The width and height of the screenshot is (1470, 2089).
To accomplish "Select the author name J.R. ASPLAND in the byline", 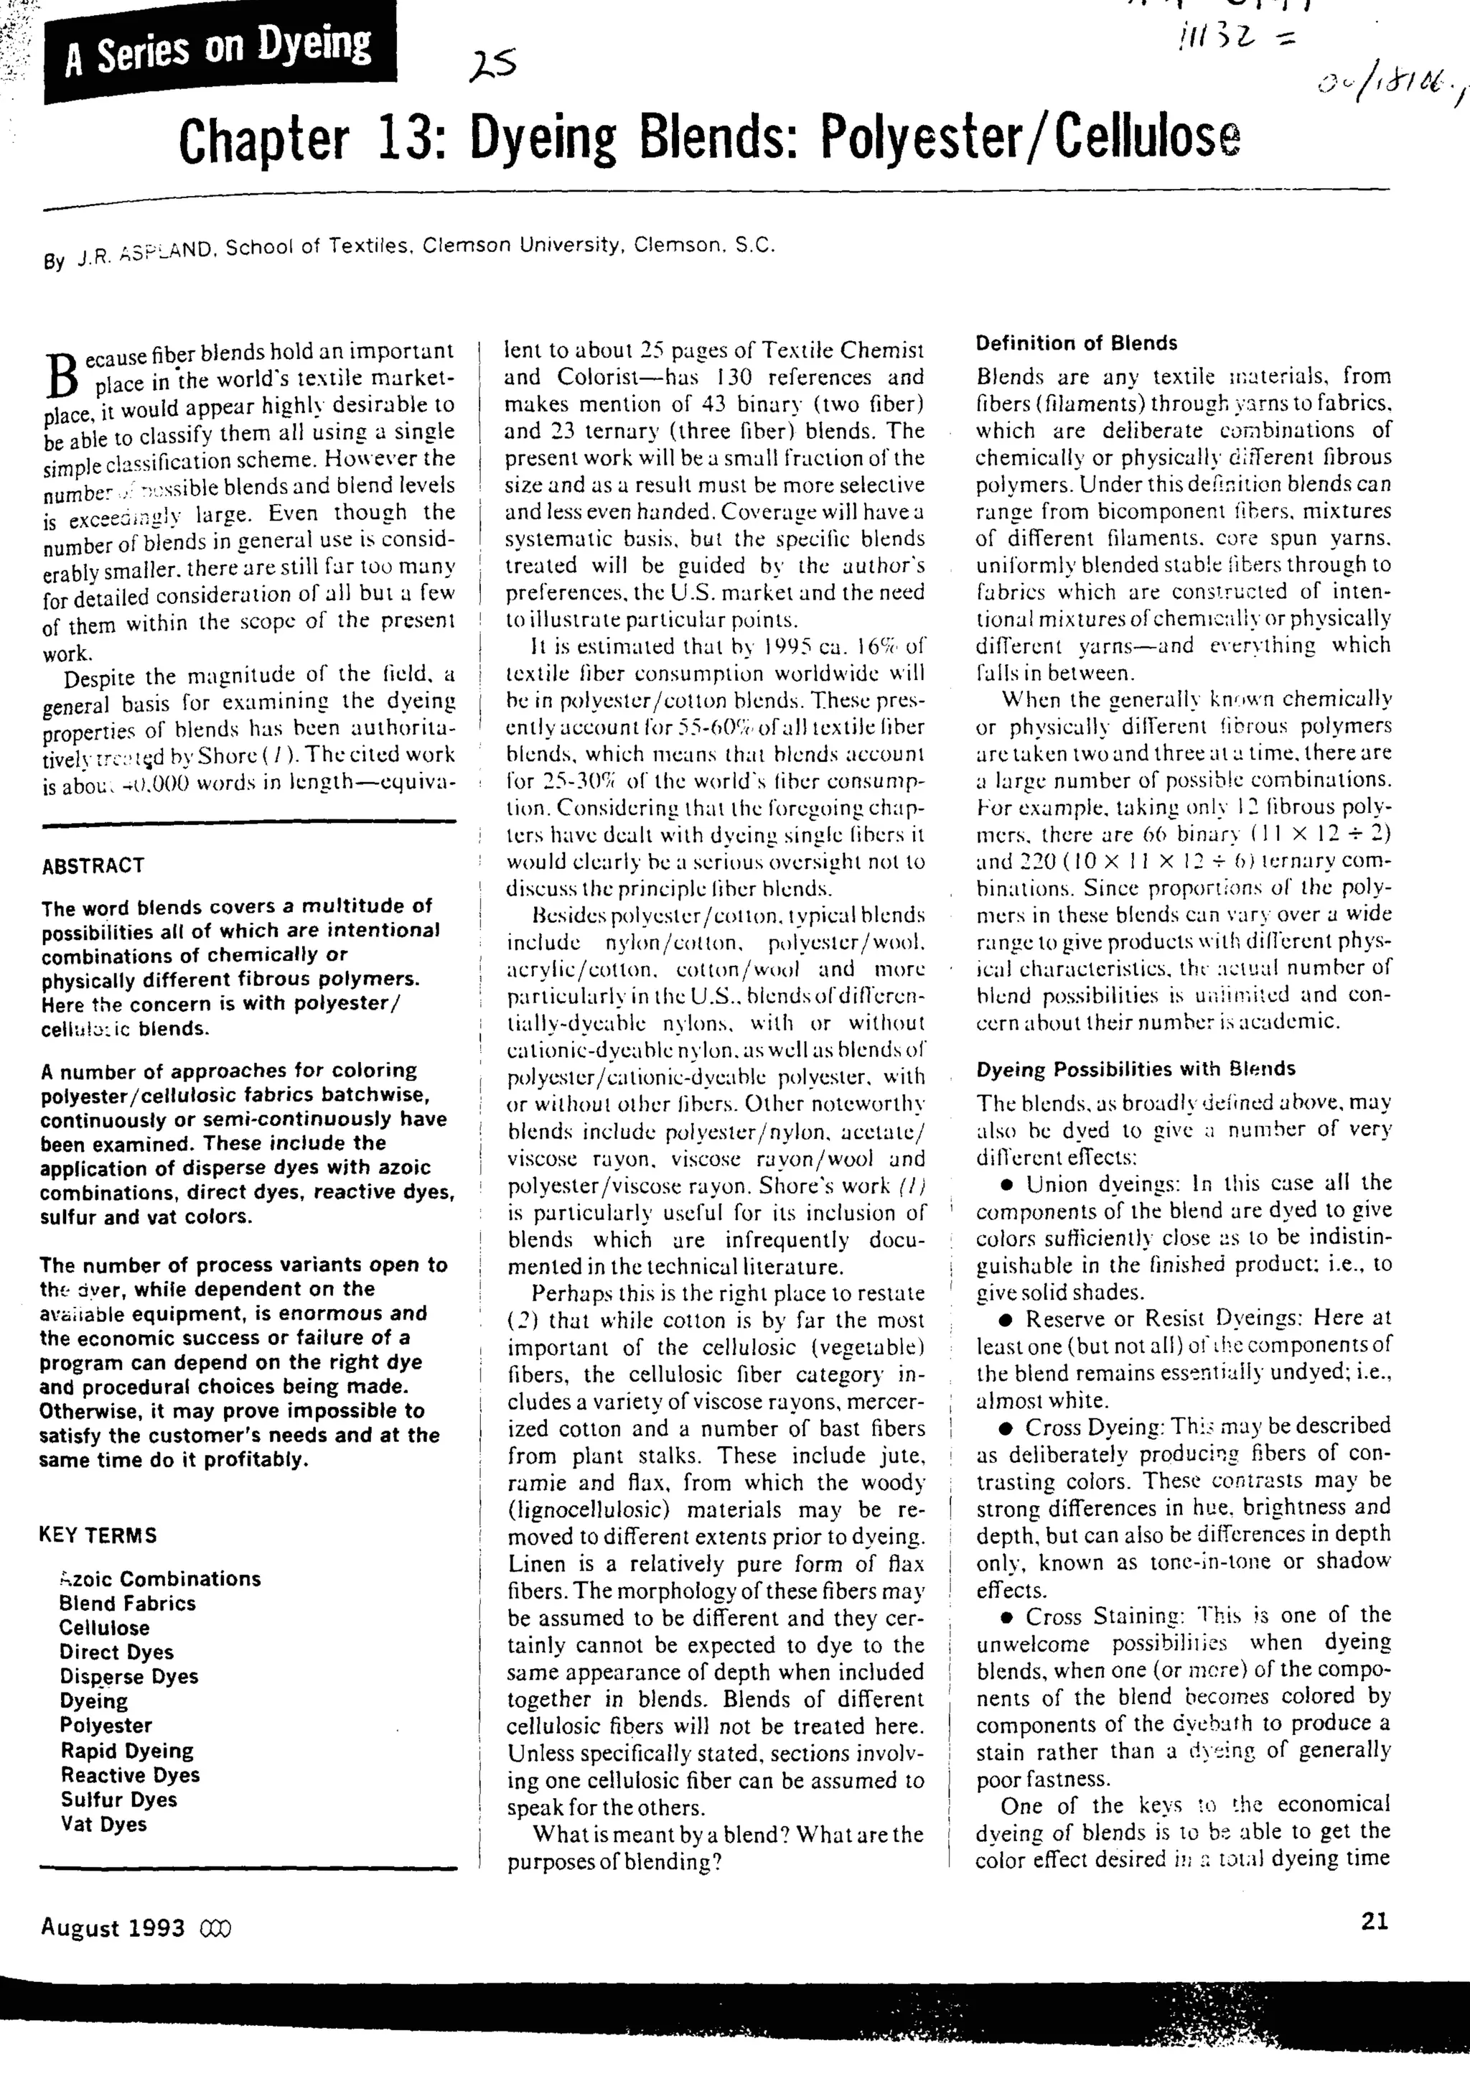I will click(x=145, y=253).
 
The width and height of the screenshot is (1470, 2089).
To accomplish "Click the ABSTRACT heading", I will click(x=93, y=865).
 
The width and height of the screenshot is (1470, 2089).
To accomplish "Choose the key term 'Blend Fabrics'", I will click(x=127, y=1603).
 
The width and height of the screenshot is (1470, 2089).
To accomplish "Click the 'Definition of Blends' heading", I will click(x=1076, y=344).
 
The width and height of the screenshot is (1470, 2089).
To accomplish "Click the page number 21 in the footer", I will click(x=1375, y=1921).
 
